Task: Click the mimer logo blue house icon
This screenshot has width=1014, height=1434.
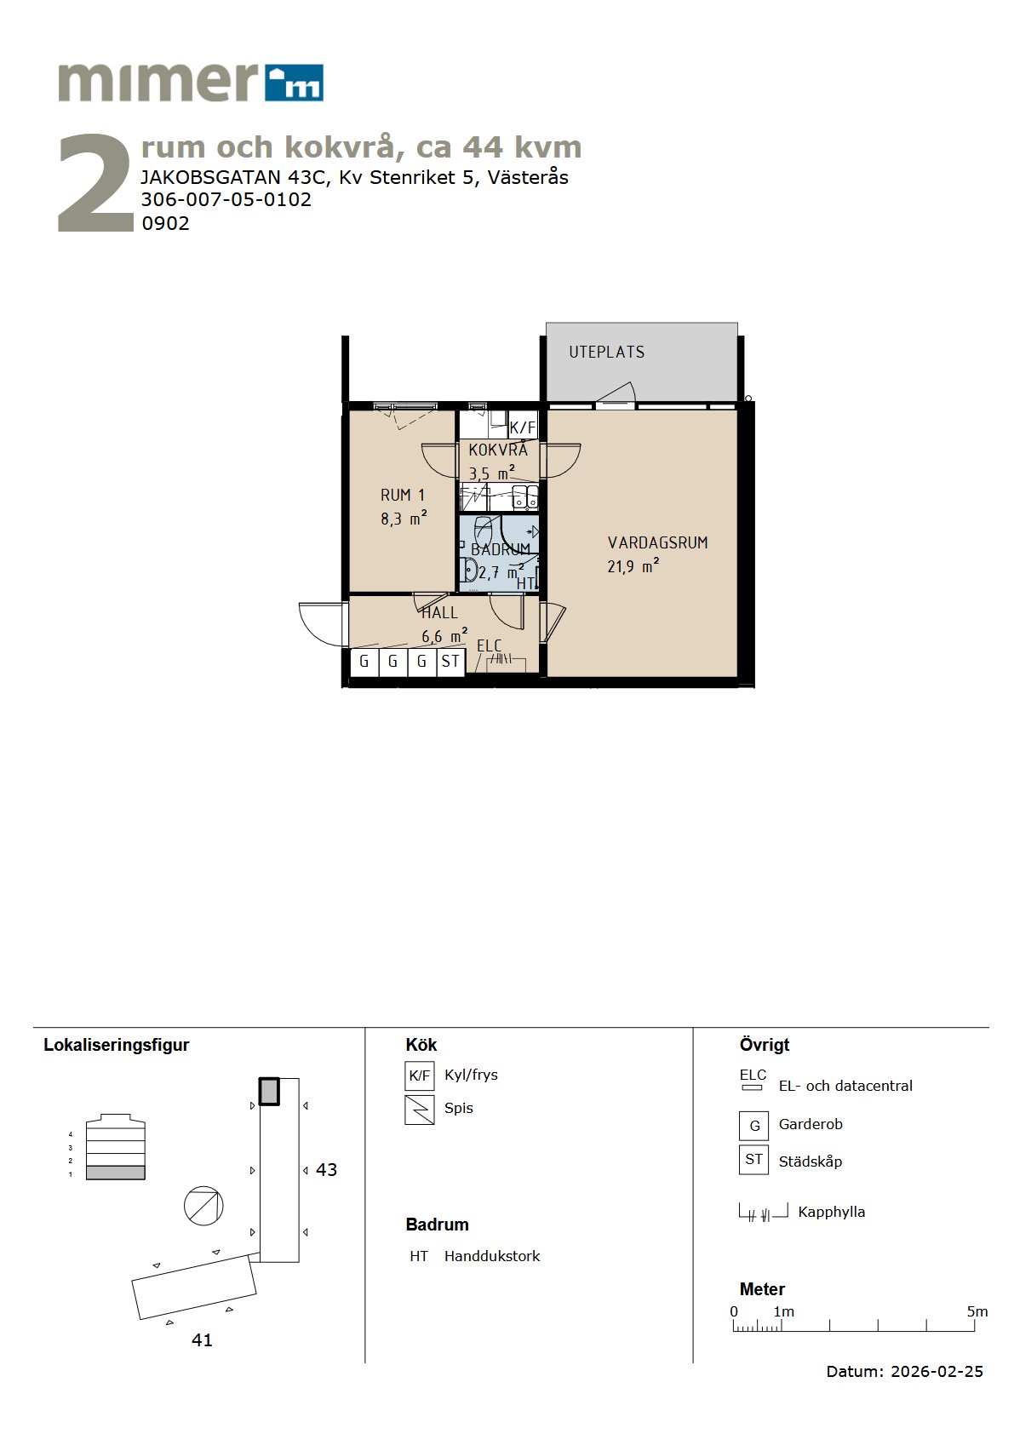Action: tap(294, 83)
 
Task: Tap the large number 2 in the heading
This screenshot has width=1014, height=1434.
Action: tap(95, 183)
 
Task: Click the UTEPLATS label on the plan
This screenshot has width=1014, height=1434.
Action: tap(607, 352)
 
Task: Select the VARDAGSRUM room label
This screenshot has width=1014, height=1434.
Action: tap(657, 543)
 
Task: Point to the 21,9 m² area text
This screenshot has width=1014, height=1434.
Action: tap(633, 566)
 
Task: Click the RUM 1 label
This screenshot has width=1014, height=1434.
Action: tap(403, 495)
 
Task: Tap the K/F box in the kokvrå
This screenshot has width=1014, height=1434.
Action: tap(523, 427)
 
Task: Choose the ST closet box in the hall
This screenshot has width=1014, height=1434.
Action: tap(450, 662)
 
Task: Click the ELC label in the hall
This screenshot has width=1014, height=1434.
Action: tap(489, 645)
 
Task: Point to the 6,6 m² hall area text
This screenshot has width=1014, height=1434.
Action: tap(444, 636)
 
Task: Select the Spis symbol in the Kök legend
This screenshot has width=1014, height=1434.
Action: tap(419, 1110)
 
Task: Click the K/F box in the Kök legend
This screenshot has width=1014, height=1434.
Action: tap(419, 1075)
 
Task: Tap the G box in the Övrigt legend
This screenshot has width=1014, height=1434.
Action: tap(754, 1126)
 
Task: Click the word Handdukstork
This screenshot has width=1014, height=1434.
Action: tap(491, 1256)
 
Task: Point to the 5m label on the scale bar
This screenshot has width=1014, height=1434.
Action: tap(977, 1311)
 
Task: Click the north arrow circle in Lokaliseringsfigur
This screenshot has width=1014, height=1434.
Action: tap(203, 1206)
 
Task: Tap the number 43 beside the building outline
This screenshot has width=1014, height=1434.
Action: tap(326, 1170)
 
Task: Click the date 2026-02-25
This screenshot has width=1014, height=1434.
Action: tap(937, 1371)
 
